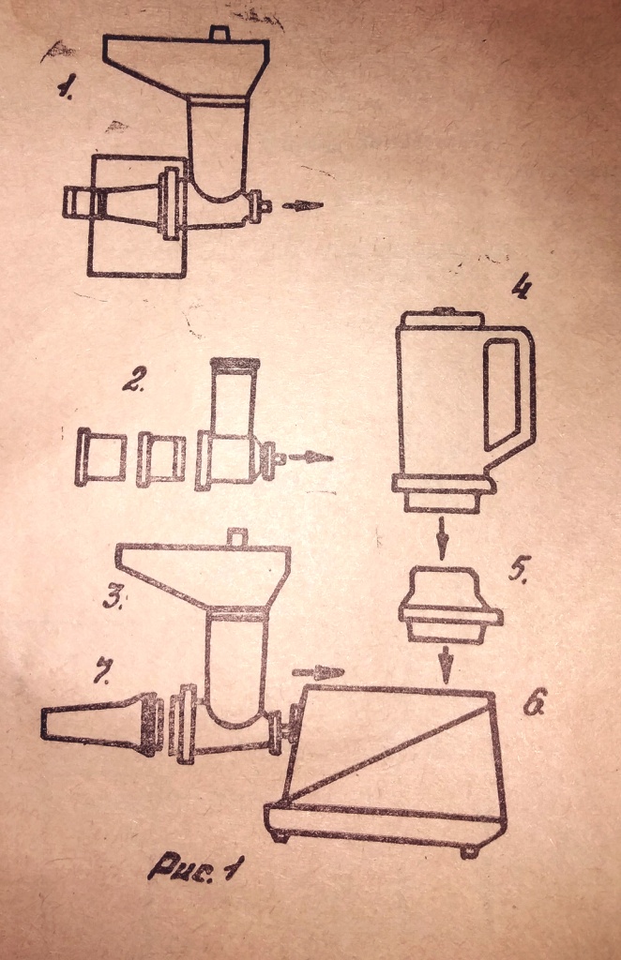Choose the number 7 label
tap(101, 671)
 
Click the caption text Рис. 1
tap(195, 867)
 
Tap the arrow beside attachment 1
tap(302, 205)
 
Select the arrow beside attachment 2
tap(310, 457)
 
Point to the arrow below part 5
tap(447, 665)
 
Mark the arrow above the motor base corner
tap(318, 672)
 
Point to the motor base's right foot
tap(470, 849)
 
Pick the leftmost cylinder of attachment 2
tap(100, 457)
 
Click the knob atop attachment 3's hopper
tap(236, 536)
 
